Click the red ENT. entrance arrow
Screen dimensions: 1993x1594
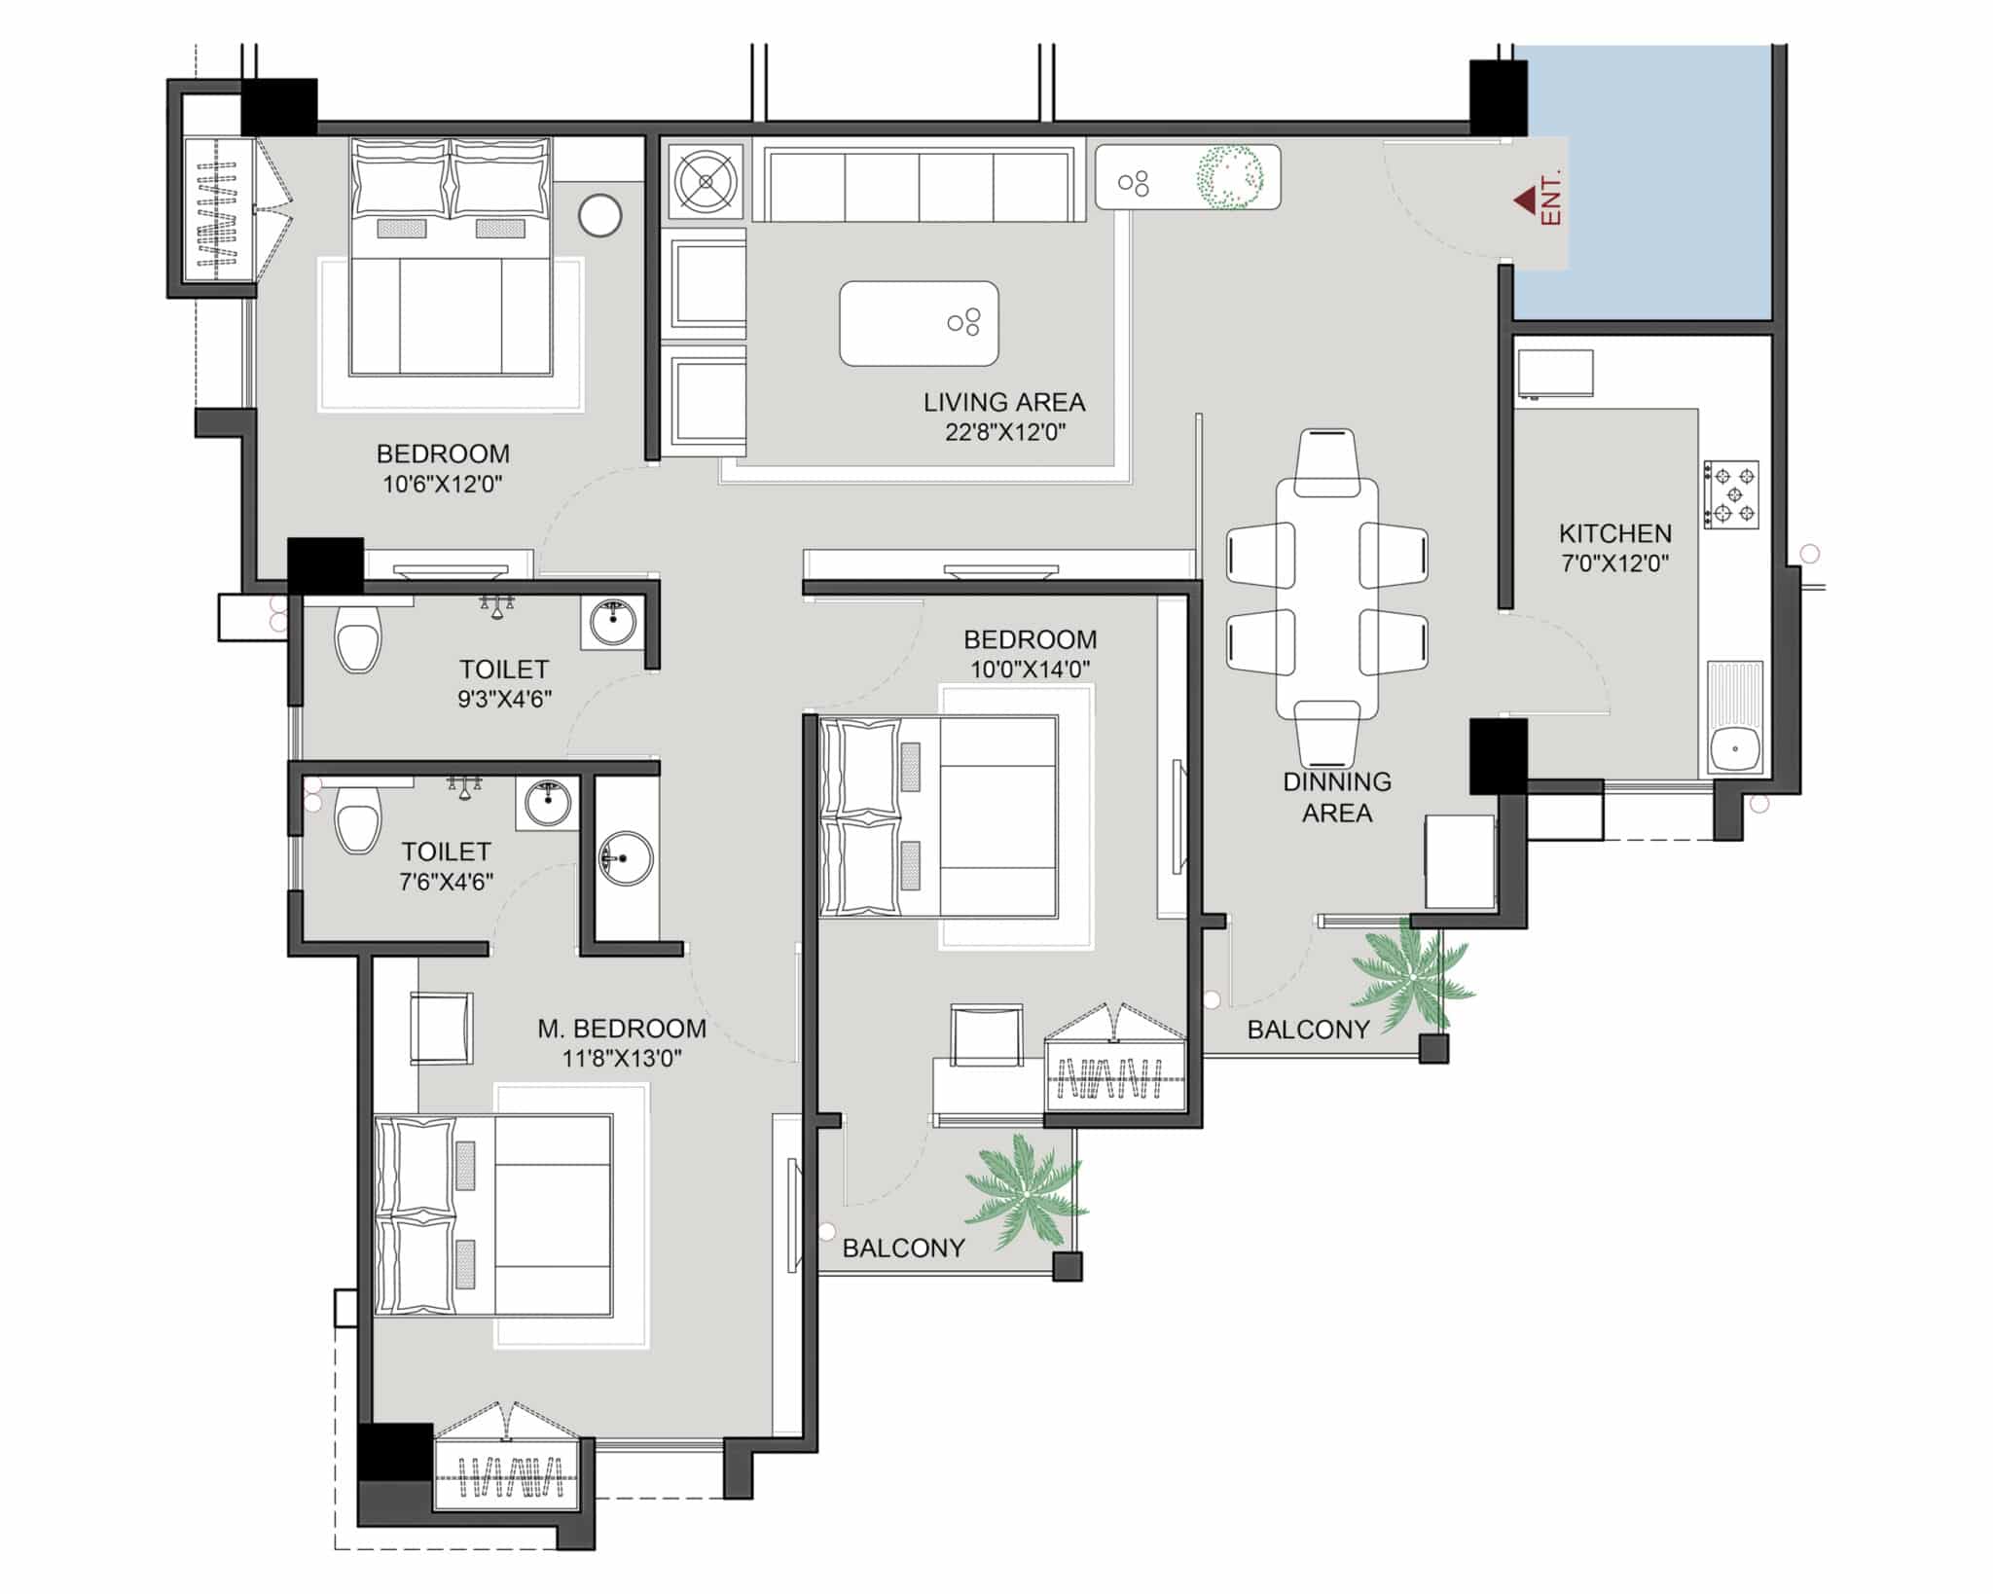pos(1524,201)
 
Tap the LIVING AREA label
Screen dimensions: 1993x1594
pos(1004,402)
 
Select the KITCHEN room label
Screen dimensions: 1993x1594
pos(1615,533)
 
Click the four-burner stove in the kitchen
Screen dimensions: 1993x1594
pos(1731,494)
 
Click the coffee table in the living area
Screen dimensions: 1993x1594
pos(919,324)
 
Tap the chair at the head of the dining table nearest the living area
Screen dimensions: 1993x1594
pos(1326,462)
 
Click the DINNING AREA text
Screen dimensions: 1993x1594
pos(1337,797)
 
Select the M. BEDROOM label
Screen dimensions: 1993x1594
pos(622,1029)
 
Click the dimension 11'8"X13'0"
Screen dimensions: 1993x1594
pos(622,1058)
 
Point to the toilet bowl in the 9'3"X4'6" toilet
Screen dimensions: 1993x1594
pos(357,639)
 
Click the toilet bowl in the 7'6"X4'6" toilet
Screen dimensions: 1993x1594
pos(357,820)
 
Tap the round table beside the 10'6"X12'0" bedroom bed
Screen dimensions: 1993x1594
pos(599,216)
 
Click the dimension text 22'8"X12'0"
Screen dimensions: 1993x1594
pos(1005,432)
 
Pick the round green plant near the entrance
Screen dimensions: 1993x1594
pos(1230,177)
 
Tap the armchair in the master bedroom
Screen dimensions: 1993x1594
pos(442,1028)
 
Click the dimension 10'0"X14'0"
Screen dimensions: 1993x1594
pos(1030,670)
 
